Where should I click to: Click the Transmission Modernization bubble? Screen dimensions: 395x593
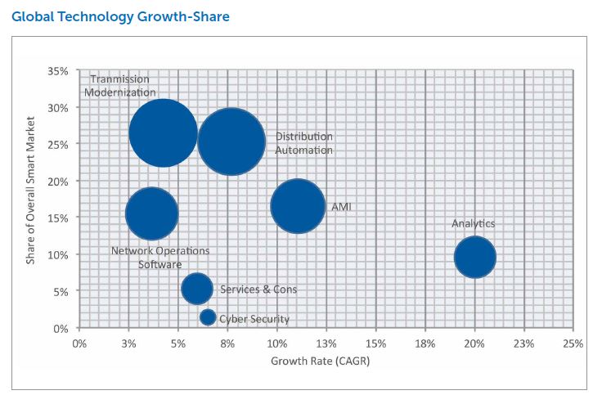point(163,133)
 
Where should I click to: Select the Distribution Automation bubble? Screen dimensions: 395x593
point(231,141)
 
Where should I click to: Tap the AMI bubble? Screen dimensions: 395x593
point(298,206)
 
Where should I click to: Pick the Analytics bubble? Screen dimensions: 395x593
point(474,257)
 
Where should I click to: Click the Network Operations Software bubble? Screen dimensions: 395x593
point(151,213)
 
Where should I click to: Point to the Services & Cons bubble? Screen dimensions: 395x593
point(196,288)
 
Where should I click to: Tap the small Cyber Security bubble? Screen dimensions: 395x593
point(208,317)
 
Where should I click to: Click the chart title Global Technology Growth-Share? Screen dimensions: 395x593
point(120,16)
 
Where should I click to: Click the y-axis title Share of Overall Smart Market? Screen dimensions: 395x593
point(30,199)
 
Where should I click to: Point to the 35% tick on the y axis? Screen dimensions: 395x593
point(57,71)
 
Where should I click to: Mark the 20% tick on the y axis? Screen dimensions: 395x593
point(57,181)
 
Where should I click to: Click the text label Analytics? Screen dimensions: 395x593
point(473,223)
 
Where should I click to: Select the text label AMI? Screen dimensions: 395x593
point(341,207)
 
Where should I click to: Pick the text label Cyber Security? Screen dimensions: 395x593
point(254,319)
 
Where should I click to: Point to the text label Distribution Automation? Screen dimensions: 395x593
point(303,143)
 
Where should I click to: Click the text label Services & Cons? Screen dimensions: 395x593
point(258,290)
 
